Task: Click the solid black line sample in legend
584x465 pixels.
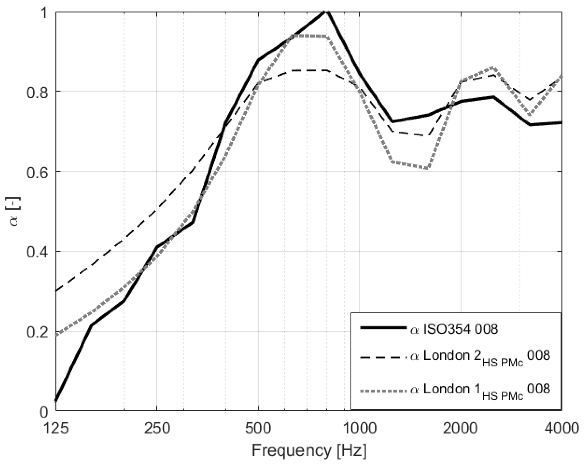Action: (383, 328)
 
